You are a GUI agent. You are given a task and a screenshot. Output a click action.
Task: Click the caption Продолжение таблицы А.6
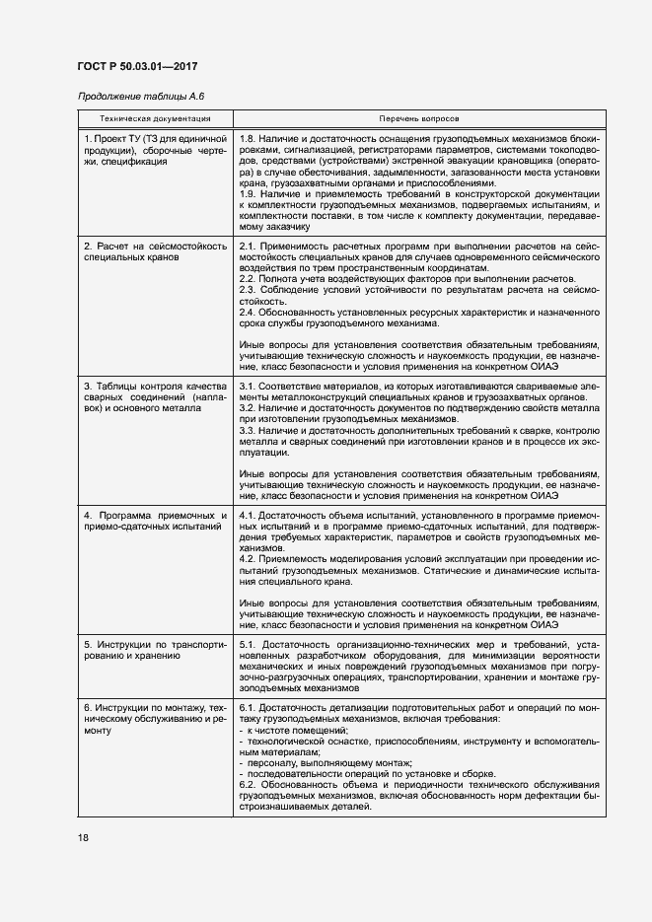(140, 96)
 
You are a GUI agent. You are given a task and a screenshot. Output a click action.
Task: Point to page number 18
(83, 837)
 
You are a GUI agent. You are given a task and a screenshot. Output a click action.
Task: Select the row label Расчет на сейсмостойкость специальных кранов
(155, 250)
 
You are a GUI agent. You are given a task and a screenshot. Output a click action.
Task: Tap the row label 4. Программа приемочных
(155, 522)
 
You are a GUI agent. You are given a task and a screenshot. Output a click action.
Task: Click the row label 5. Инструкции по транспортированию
(155, 649)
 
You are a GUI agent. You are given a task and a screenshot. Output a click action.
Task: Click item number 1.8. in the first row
(249, 140)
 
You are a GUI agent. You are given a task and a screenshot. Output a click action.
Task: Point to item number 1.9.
(249, 194)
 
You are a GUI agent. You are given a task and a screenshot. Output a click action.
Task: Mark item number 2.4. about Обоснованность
(249, 312)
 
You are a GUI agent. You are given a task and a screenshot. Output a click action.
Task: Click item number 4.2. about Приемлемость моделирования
(249, 559)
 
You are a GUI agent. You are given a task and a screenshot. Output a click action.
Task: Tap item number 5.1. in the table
(249, 643)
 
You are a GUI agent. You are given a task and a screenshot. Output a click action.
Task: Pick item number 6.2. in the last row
(249, 785)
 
